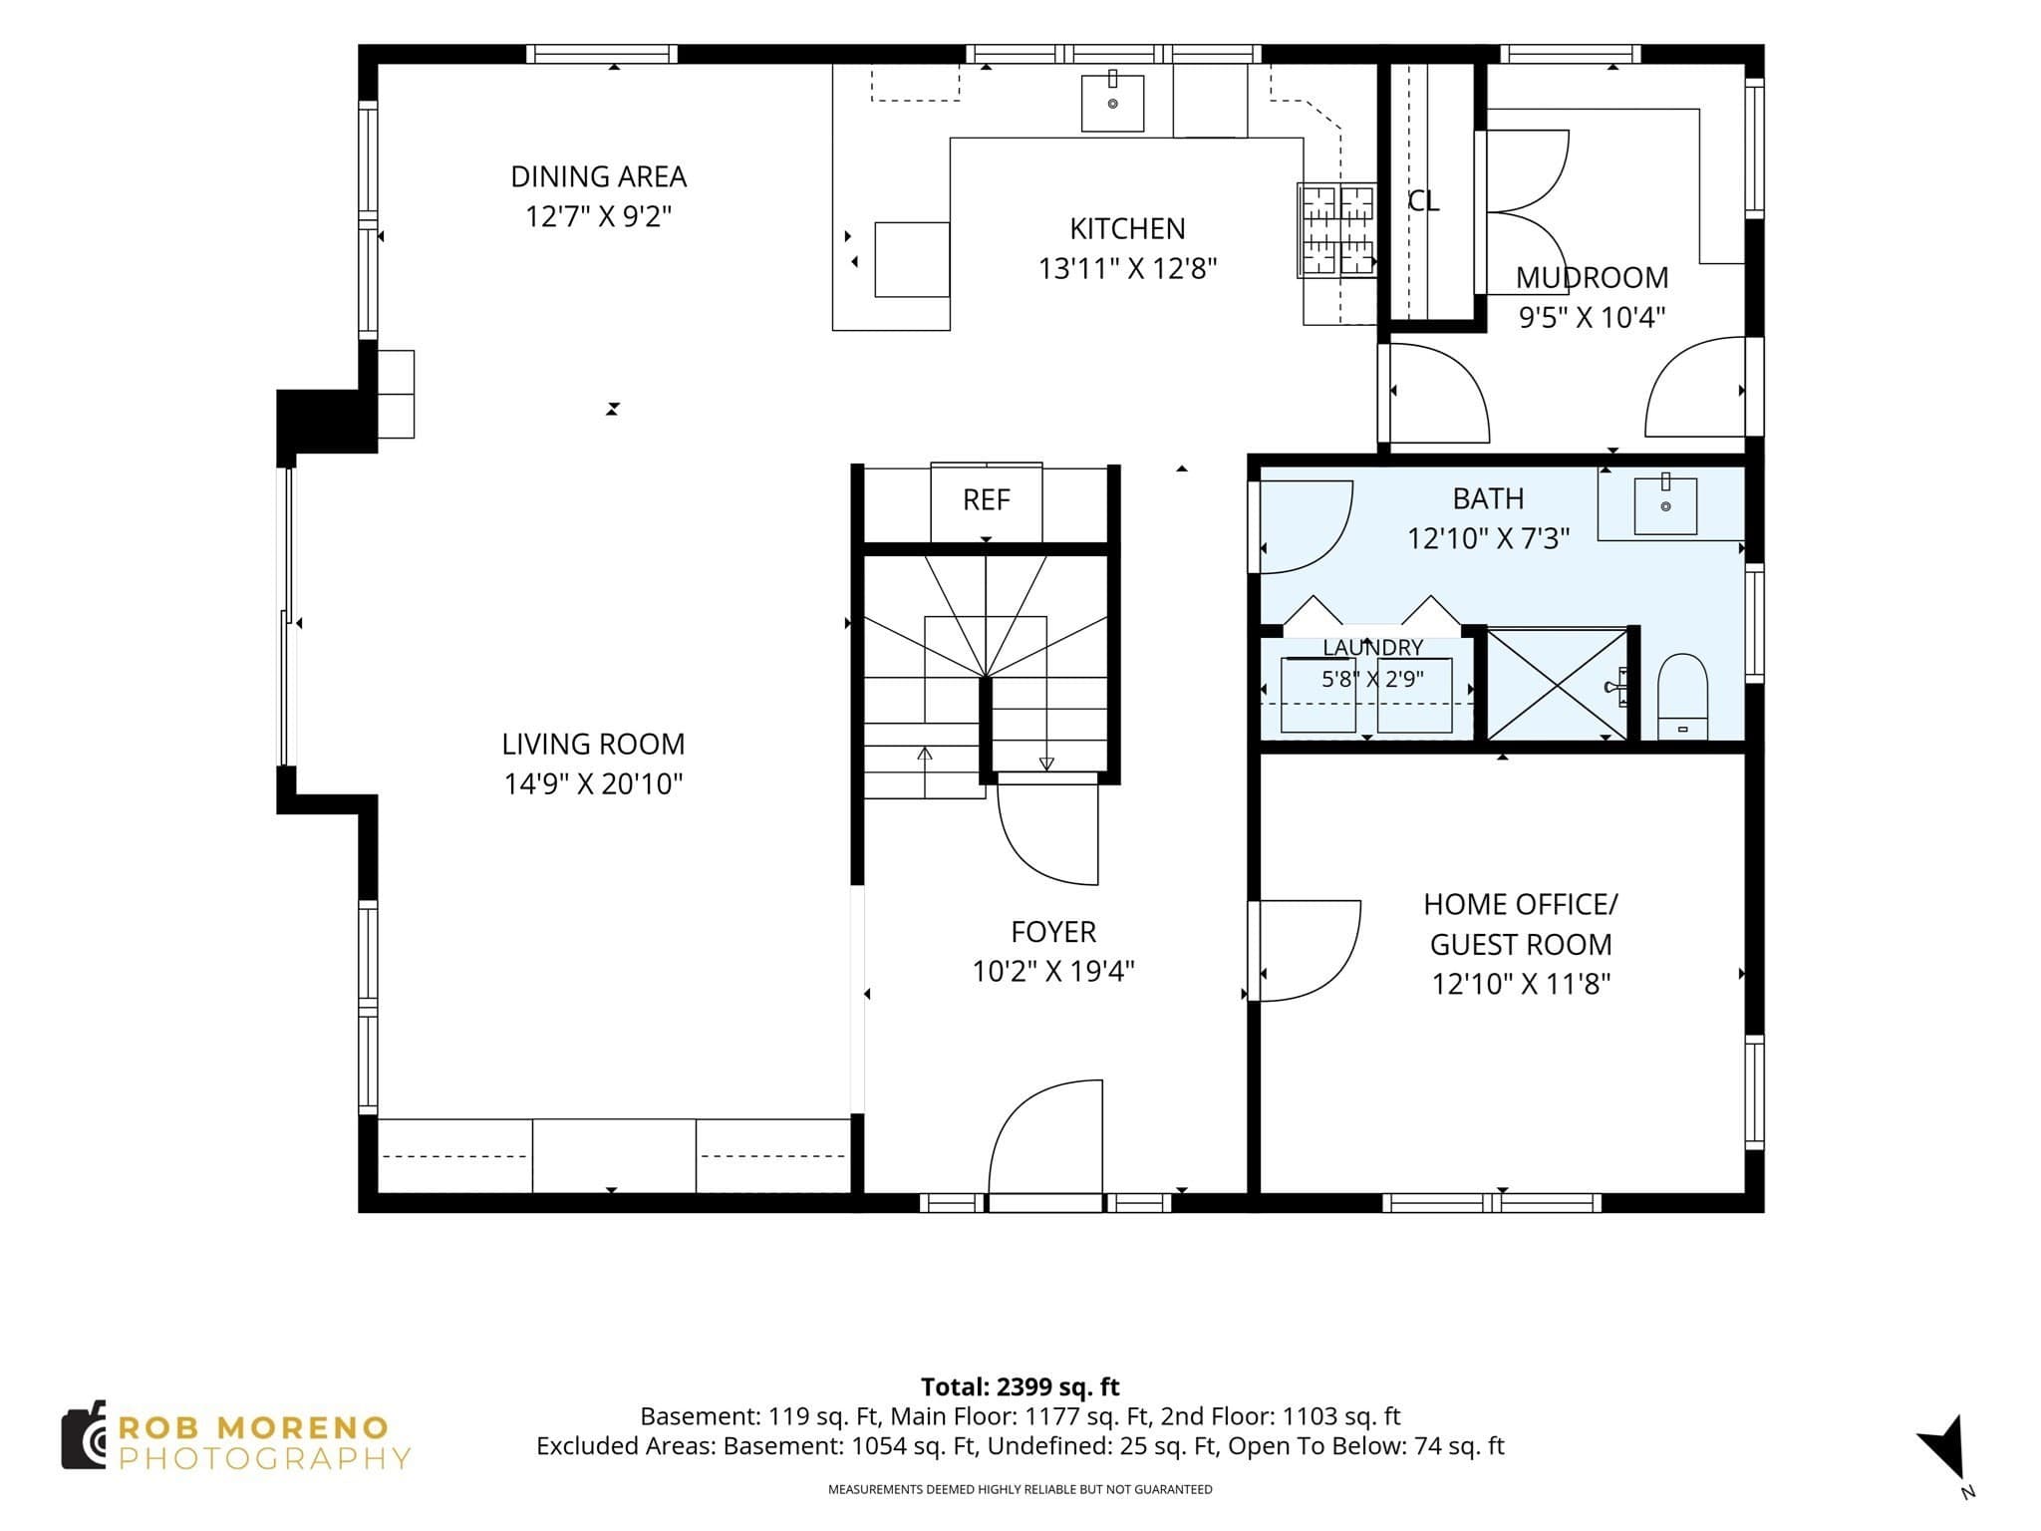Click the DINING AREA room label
[x=598, y=176]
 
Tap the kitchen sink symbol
[x=1112, y=103]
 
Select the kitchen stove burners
[x=1336, y=230]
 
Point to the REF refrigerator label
[x=986, y=499]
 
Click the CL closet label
[x=1423, y=201]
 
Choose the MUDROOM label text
[x=1592, y=277]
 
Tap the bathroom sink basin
[x=1665, y=505]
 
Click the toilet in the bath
[x=1682, y=697]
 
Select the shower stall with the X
[x=1557, y=684]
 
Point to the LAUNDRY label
[x=1372, y=648]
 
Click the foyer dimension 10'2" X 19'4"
[x=1053, y=971]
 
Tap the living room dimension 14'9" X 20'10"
[x=593, y=784]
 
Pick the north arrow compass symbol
[x=1942, y=1448]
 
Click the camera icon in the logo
[x=84, y=1434]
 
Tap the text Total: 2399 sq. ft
[x=1020, y=1386]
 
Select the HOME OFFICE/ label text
[x=1520, y=904]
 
